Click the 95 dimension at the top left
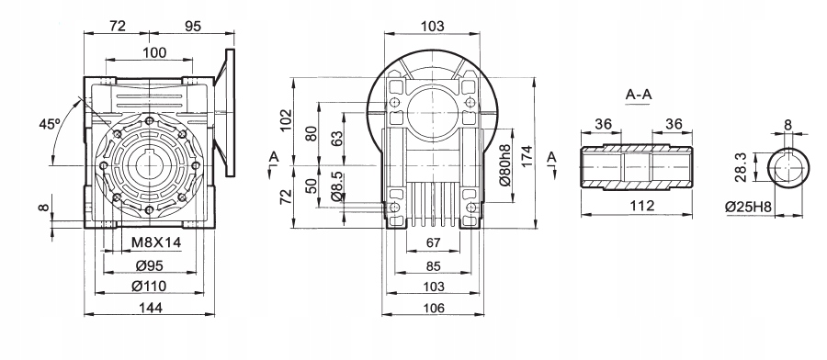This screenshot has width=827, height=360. pyautogui.click(x=194, y=26)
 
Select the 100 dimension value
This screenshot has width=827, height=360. pyautogui.click(x=154, y=52)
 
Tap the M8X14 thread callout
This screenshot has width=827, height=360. pyautogui.click(x=156, y=242)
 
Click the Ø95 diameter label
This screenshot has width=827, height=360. pyautogui.click(x=149, y=266)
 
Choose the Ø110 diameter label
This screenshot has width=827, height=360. pyautogui.click(x=149, y=287)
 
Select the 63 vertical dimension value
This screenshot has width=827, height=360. pyautogui.click(x=336, y=139)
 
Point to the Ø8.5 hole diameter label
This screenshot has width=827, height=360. pyautogui.click(x=337, y=188)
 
